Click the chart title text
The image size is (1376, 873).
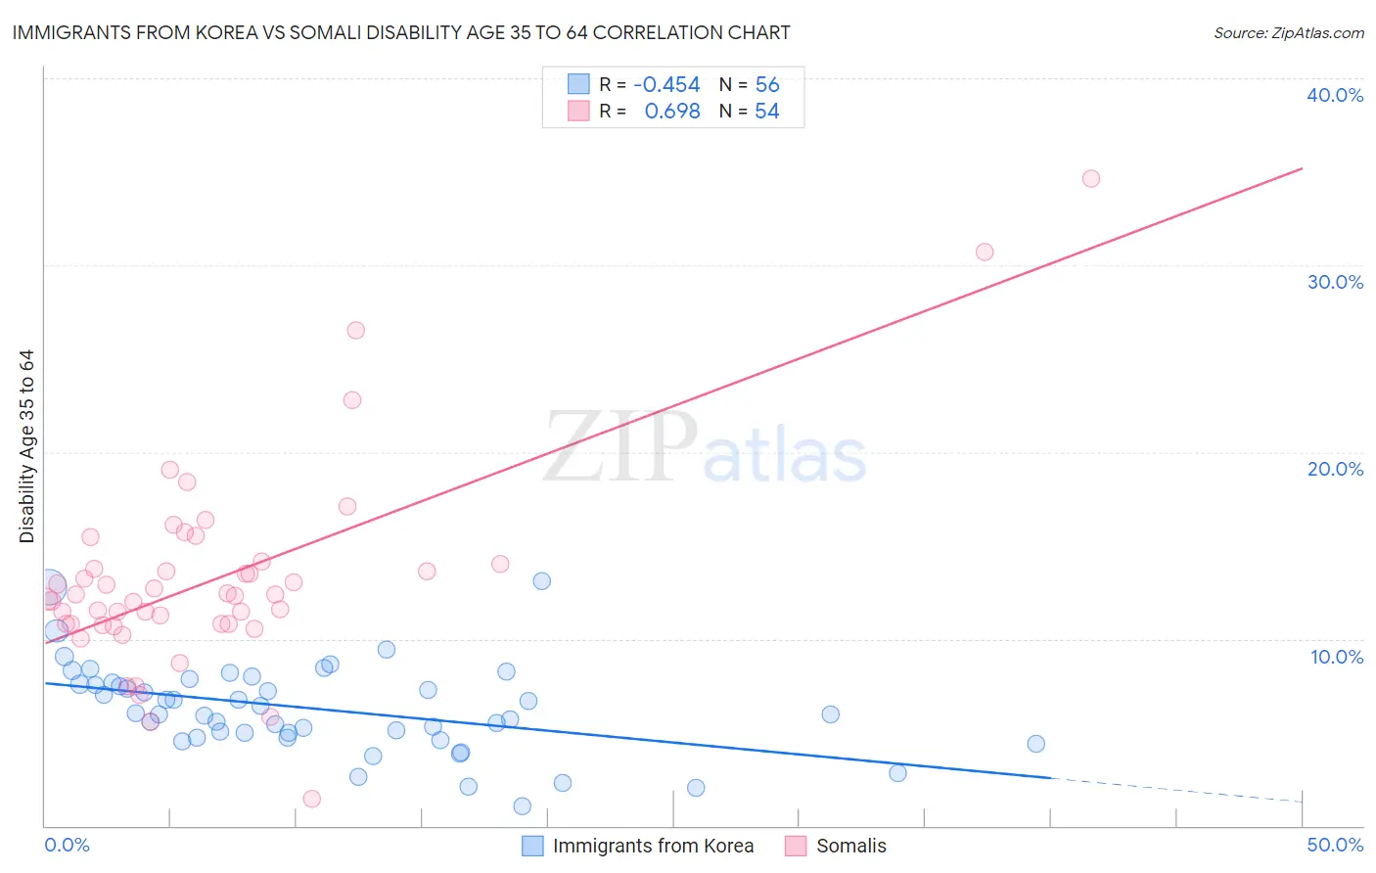[x=400, y=32]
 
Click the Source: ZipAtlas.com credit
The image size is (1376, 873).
[x=1288, y=32]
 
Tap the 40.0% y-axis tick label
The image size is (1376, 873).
[x=1334, y=95]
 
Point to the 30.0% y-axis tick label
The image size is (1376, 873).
[x=1334, y=282]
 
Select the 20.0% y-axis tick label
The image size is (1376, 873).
[x=1334, y=469]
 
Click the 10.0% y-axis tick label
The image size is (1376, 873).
[x=1336, y=657]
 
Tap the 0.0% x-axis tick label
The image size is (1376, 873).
[x=67, y=845]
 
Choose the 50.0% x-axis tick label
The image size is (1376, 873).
[x=1334, y=845]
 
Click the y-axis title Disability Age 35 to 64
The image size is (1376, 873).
[x=26, y=446]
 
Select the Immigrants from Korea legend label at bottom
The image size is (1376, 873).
[x=653, y=846]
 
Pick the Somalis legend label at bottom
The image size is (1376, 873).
[x=850, y=846]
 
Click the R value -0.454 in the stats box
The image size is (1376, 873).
[x=666, y=85]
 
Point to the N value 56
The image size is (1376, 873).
[x=767, y=85]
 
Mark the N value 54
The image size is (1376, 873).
[x=767, y=112]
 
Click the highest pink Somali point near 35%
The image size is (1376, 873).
[x=1090, y=178]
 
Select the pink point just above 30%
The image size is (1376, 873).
[x=985, y=252]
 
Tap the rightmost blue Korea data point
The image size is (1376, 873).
[x=1035, y=744]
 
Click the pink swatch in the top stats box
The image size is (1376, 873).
[x=578, y=111]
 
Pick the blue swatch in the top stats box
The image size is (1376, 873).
[x=578, y=84]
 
